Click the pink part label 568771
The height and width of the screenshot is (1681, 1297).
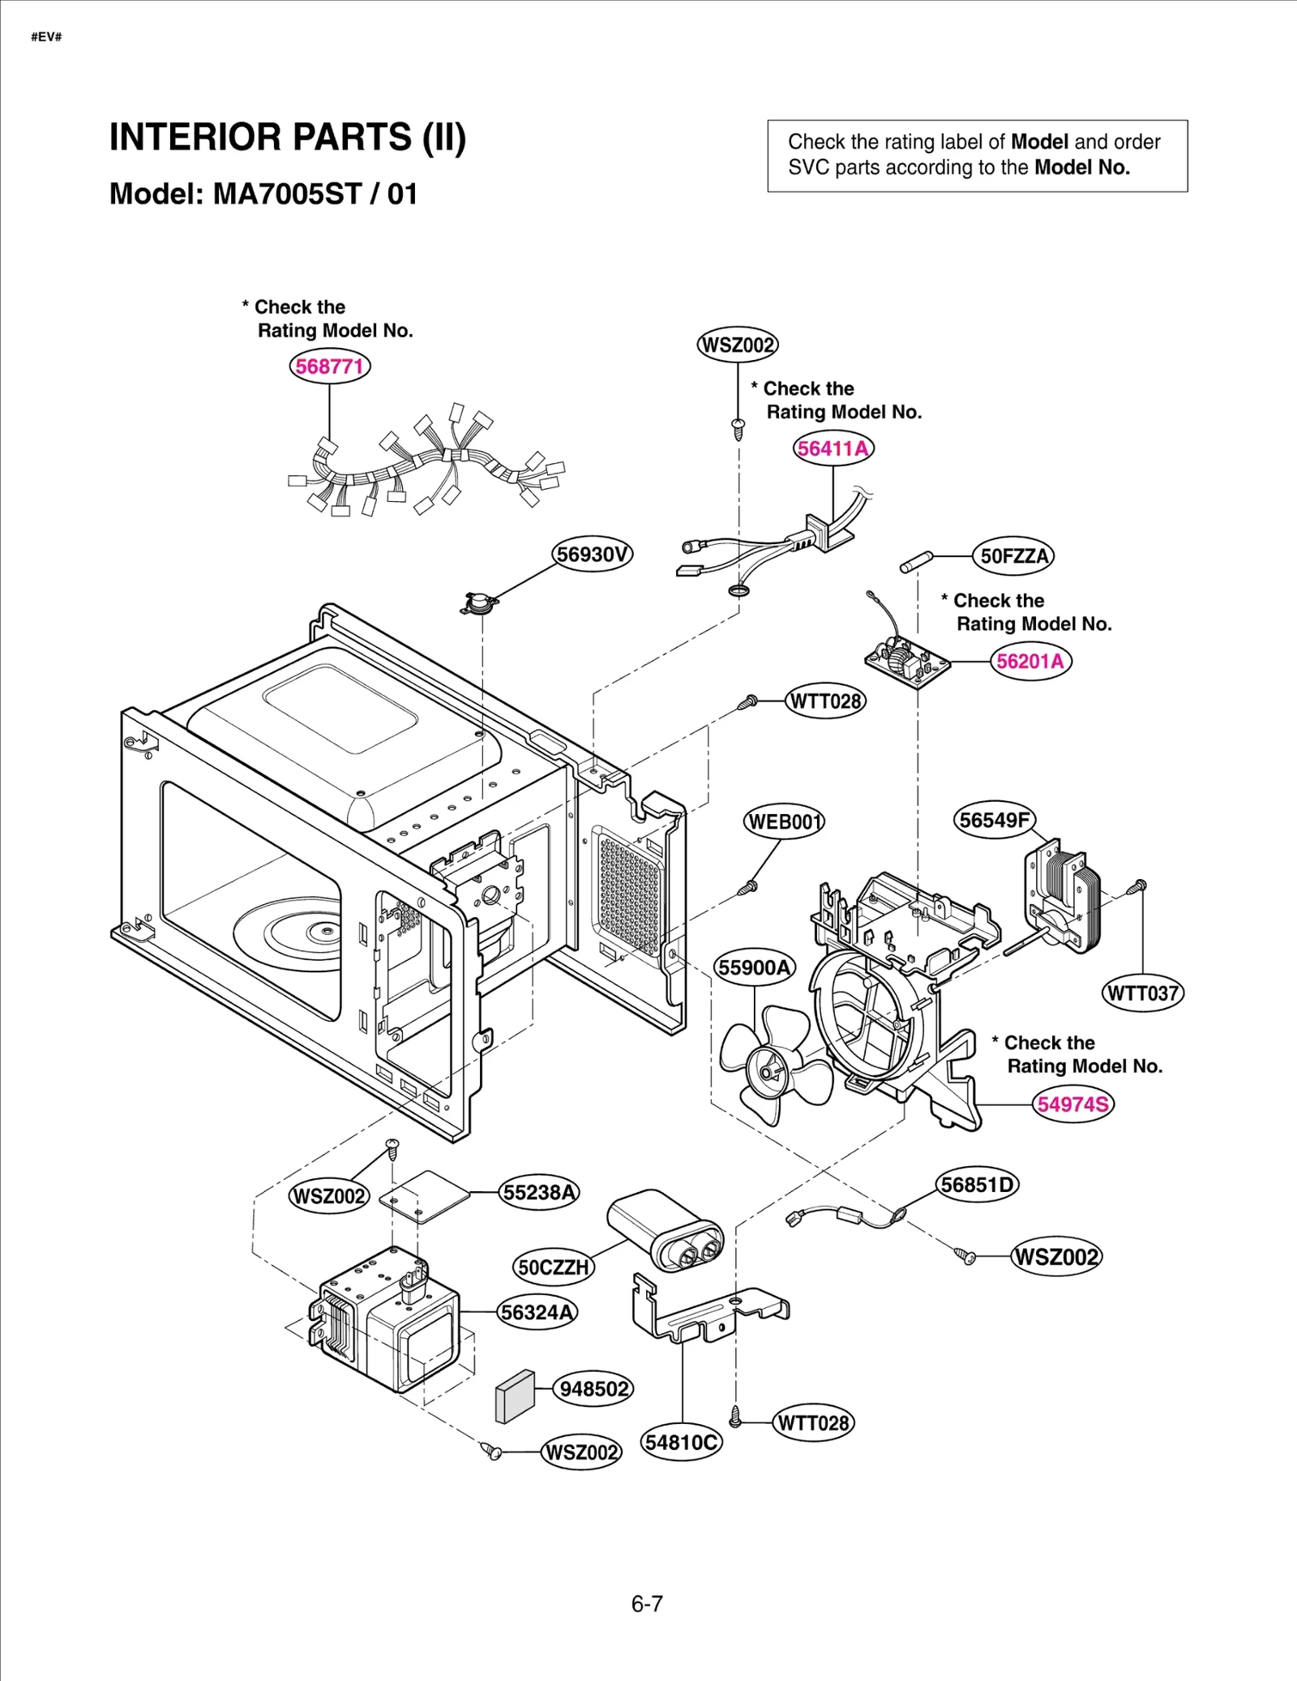click(x=329, y=367)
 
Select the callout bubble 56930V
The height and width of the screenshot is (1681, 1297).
click(x=593, y=555)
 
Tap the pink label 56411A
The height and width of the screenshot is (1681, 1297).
click(x=833, y=448)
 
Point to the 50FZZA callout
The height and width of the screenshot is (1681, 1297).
click(x=1013, y=556)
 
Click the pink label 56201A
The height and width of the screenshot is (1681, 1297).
click(x=1030, y=662)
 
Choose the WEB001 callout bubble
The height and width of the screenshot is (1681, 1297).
click(x=784, y=822)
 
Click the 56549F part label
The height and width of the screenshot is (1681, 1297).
click(x=994, y=820)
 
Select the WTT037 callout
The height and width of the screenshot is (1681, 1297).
click(x=1142, y=993)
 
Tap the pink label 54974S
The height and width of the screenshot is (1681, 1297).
click(x=1072, y=1104)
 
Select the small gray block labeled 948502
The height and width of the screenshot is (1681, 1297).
click(x=515, y=1396)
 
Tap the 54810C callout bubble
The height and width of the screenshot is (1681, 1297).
click(x=681, y=1443)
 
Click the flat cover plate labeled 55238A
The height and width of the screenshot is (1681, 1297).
click(x=424, y=1196)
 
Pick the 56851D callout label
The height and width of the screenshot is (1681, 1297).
click(x=977, y=1185)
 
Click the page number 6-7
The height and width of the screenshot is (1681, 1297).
click(x=647, y=1604)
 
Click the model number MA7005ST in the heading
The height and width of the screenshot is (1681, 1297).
click(x=287, y=195)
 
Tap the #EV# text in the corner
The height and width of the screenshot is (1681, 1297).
click(x=46, y=37)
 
